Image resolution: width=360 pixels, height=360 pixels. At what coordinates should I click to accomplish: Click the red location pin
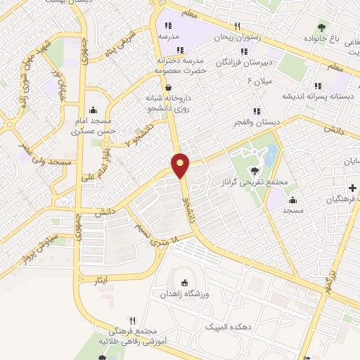[181, 165]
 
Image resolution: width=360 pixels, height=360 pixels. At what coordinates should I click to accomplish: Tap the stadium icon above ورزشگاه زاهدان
[185, 283]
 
